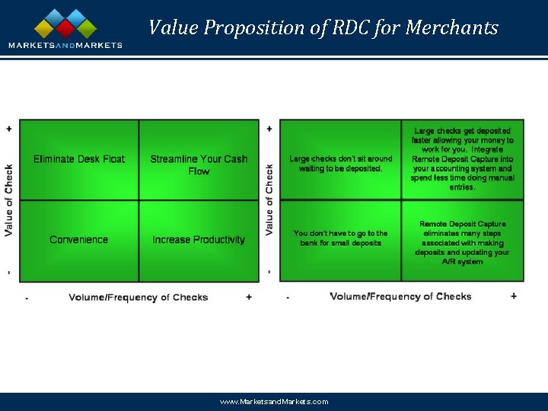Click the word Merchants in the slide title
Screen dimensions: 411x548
coord(451,28)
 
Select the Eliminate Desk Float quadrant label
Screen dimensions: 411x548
coord(79,159)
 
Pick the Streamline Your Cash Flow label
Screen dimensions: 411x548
coord(199,164)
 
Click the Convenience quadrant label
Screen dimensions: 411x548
coord(79,240)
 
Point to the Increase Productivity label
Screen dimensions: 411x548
coord(199,240)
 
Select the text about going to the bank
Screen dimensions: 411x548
coord(340,238)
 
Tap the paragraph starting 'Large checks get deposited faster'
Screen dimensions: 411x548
coord(462,159)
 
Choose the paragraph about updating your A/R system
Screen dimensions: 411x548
coord(462,243)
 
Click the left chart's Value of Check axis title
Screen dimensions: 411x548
coord(9,199)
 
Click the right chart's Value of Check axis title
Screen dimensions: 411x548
coord(269,199)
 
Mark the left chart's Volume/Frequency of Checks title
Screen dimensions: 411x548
coord(138,297)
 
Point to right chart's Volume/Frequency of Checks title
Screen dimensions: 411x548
coord(400,296)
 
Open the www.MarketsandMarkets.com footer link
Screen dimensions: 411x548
coord(274,401)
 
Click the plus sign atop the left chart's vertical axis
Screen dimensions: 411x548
coord(9,128)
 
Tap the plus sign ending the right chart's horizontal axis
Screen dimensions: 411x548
coord(514,296)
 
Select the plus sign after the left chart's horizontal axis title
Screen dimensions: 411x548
coord(249,297)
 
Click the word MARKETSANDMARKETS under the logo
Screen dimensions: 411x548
coord(65,45)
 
